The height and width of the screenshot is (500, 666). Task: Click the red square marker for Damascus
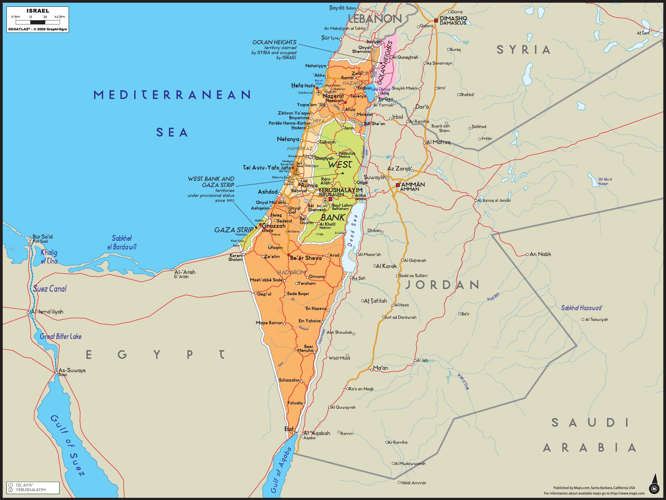pos(436,21)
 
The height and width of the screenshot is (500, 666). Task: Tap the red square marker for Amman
pos(398,185)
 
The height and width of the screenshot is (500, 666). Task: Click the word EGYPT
pos(155,355)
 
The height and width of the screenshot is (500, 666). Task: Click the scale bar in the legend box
pos(38,22)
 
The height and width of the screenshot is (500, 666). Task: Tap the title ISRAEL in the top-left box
pos(38,11)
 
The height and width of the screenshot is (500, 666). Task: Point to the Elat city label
pos(289,429)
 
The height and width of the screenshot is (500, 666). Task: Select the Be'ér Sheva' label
pos(306,258)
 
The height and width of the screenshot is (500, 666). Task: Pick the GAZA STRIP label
pos(234,230)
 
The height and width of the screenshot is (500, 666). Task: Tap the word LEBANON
pos(375,19)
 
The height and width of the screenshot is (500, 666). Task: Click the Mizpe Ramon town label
pos(269,323)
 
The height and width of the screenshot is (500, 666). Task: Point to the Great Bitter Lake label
pos(60,337)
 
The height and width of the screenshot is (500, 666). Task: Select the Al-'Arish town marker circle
pos(173,270)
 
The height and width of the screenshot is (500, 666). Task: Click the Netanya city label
pos(288,139)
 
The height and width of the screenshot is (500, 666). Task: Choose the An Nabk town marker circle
pos(527,254)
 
